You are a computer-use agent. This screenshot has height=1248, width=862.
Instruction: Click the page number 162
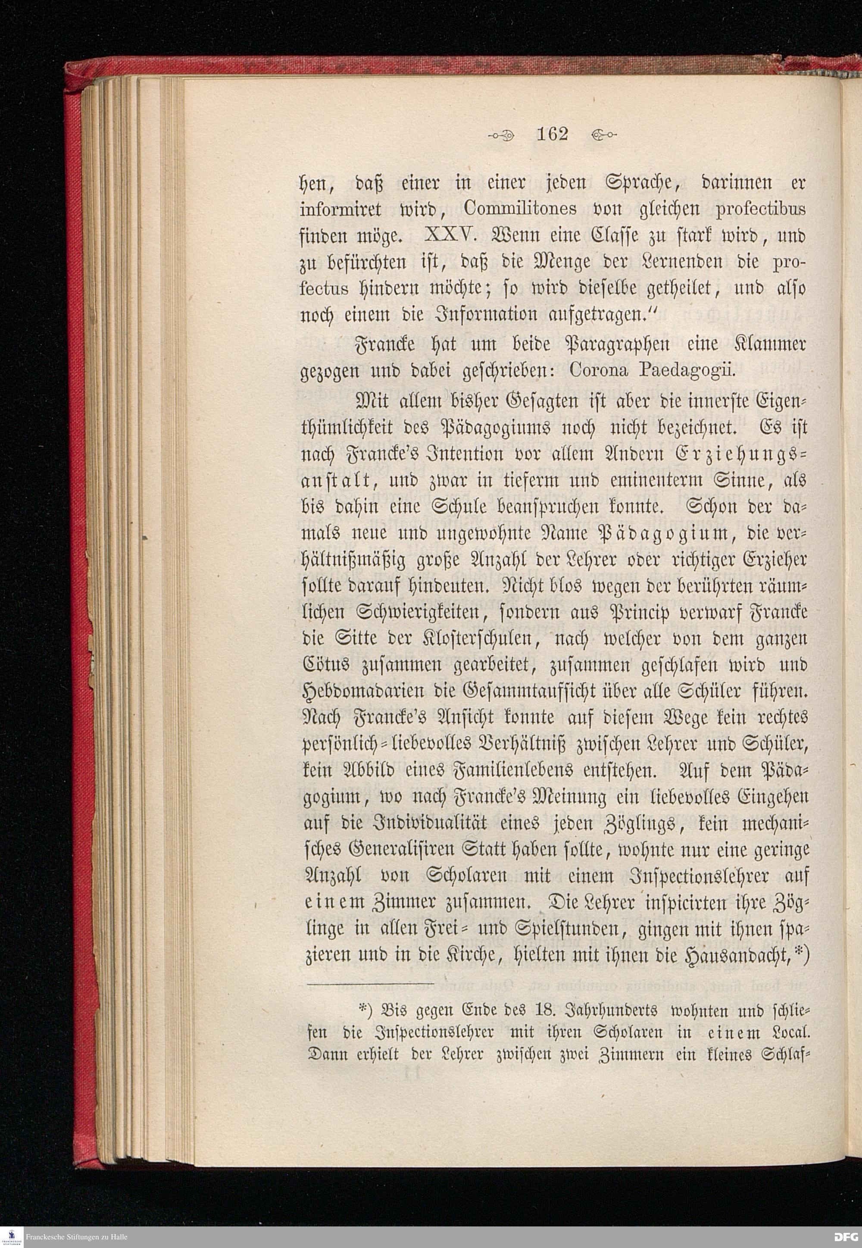552,134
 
